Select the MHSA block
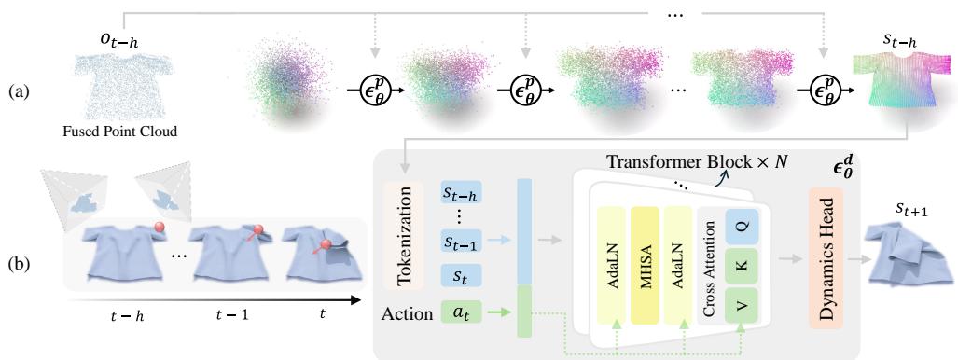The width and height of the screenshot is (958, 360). click(647, 254)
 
